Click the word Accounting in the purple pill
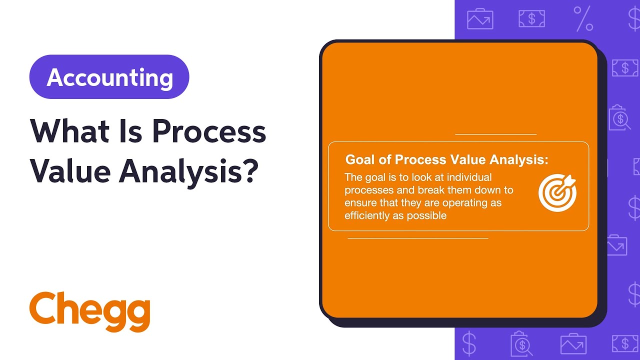click(x=109, y=77)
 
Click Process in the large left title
click(x=209, y=132)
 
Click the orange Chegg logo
click(x=90, y=310)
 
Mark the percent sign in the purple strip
click(x=583, y=18)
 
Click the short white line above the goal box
click(x=495, y=134)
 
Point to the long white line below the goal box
click(x=417, y=238)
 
